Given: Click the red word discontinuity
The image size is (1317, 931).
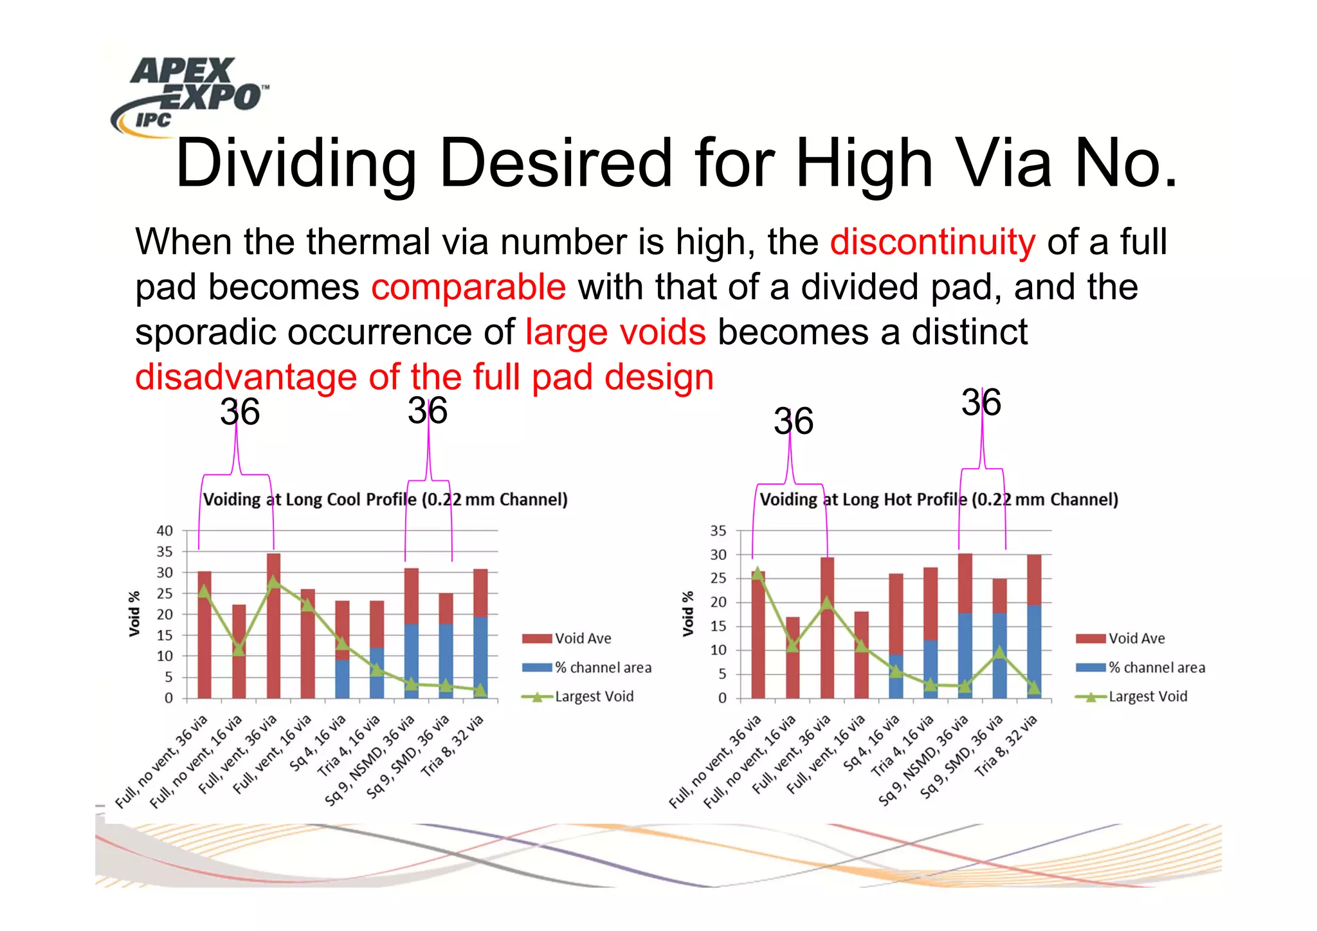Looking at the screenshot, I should (x=932, y=242).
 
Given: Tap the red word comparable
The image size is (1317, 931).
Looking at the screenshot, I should (x=468, y=287).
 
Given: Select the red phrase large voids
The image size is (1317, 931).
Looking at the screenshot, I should (x=615, y=332).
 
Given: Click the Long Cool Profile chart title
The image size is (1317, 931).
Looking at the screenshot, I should (x=385, y=500).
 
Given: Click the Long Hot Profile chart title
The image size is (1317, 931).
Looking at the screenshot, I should (x=939, y=500).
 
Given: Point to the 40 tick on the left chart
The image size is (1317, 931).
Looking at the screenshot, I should (x=165, y=531).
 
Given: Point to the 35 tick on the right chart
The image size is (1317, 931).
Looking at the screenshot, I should (x=718, y=531).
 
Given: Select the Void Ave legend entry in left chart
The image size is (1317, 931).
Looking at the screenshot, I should (x=582, y=638).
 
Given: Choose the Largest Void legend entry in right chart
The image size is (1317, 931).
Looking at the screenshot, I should (x=1147, y=696).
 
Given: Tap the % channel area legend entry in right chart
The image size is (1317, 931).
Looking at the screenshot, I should (x=1156, y=667).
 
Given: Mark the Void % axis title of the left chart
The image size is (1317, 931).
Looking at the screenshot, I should (x=134, y=614).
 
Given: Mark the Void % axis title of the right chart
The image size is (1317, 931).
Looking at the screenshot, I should (x=688, y=614).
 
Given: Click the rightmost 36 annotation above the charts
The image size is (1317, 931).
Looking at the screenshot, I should (x=981, y=402).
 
